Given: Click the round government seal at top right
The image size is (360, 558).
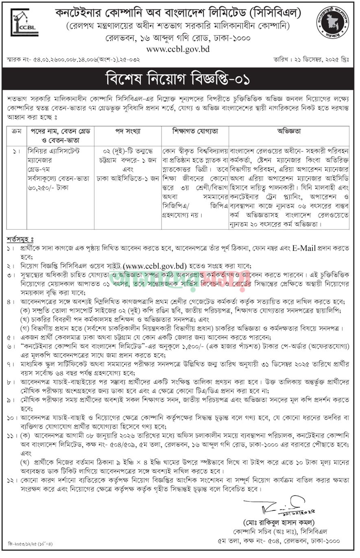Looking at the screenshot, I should point(333,23).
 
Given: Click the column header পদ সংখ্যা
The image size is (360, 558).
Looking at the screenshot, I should point(128,132).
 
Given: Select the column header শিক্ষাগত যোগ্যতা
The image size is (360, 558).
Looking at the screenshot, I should point(195,132).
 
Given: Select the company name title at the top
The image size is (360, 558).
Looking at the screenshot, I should point(178,13).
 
